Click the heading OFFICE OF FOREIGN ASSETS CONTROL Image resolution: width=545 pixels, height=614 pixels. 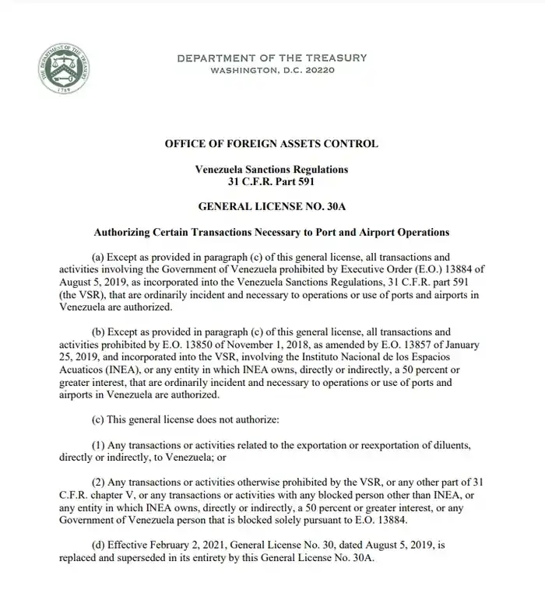[272, 143]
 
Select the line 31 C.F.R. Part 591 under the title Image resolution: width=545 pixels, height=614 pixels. [272, 181]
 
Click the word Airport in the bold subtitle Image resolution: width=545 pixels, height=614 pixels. [353, 231]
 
